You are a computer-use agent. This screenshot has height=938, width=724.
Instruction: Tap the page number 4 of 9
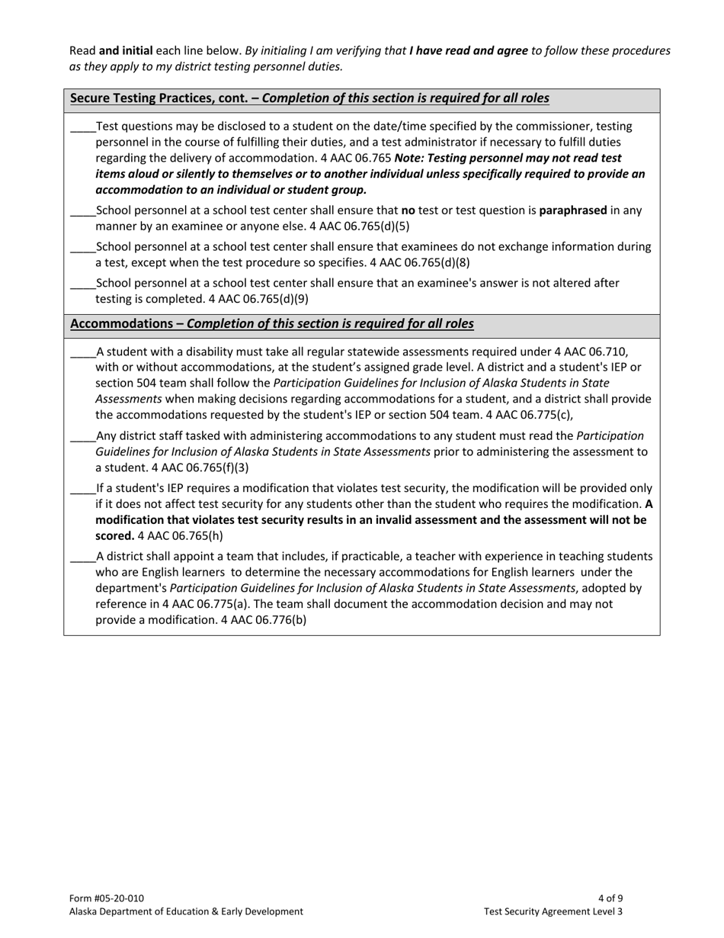pos(610,898)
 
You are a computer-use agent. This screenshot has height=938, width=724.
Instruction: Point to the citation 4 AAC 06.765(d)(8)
pos(420,262)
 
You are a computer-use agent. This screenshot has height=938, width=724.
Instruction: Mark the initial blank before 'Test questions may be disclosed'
pos(82,127)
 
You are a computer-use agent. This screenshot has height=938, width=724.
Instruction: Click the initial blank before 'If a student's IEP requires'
pos(82,488)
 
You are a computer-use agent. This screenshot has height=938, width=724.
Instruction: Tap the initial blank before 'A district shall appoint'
pos(82,557)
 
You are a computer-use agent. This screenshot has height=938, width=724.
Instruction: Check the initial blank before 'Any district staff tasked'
pos(82,436)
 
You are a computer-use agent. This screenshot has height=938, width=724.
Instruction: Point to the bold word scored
pos(114,535)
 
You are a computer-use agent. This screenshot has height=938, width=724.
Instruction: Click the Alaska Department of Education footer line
pos(186,911)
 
